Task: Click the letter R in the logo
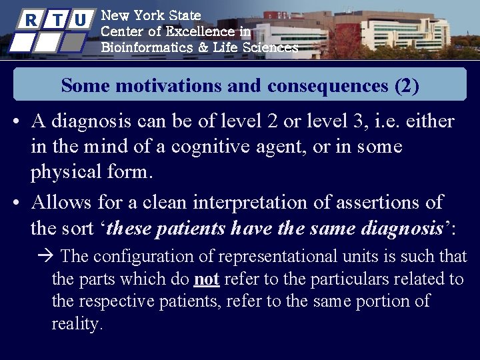[x=30, y=20]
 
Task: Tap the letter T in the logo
[x=57, y=20]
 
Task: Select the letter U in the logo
[x=80, y=20]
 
